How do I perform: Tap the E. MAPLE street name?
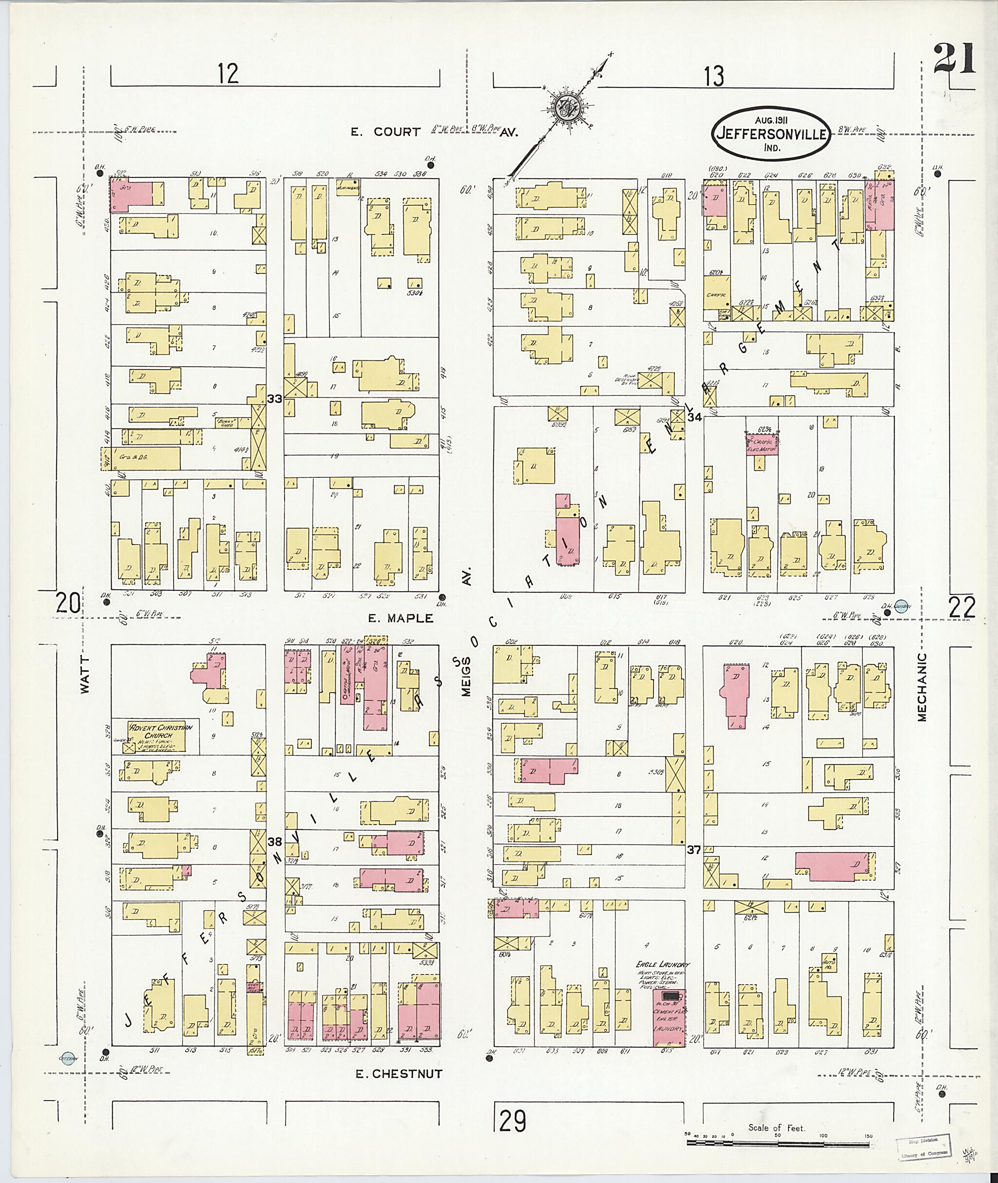(x=401, y=618)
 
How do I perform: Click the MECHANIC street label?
(x=922, y=687)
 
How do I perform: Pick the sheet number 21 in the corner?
(x=955, y=59)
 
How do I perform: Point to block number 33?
(x=275, y=399)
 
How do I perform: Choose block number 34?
(x=695, y=417)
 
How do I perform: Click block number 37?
(x=695, y=865)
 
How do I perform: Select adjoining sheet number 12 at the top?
(x=228, y=74)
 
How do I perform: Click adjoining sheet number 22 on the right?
(x=962, y=608)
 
